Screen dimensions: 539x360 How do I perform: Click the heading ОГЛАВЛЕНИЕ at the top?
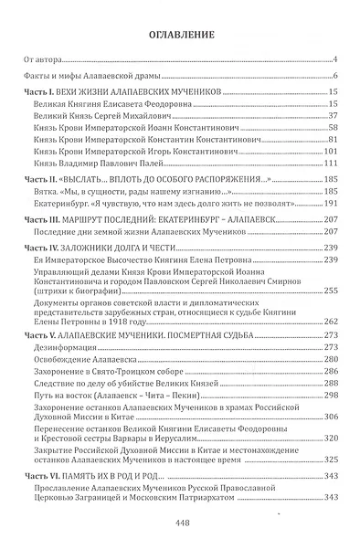pyautogui.click(x=179, y=36)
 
